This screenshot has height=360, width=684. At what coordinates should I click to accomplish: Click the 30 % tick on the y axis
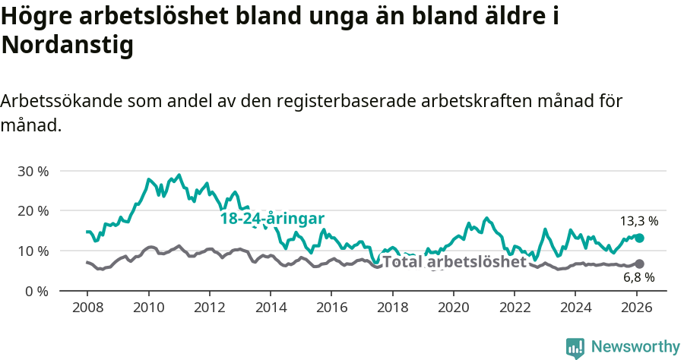tap(33, 171)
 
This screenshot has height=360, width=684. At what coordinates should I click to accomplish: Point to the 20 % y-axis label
tap(33, 210)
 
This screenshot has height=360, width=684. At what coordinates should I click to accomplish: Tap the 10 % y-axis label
tap(33, 251)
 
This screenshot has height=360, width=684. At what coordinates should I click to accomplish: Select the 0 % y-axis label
tap(36, 291)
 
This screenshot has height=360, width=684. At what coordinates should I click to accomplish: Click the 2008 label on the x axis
tap(87, 308)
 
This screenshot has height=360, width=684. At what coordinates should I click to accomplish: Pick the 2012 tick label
tap(209, 308)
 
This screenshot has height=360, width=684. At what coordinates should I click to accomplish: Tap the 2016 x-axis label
tap(331, 308)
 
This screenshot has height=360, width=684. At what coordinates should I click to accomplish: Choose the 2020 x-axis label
tap(453, 308)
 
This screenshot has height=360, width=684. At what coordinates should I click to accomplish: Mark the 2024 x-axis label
tap(575, 308)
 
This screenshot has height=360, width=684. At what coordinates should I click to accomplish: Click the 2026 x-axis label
tap(636, 308)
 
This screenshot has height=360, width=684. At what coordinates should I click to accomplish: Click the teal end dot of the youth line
tap(639, 238)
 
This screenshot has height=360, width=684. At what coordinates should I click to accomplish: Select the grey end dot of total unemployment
tap(639, 264)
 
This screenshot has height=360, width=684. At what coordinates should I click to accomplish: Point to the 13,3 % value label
tap(639, 221)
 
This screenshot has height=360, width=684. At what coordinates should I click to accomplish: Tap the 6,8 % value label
tap(639, 278)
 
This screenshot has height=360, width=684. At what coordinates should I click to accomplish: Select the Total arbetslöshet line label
tap(454, 262)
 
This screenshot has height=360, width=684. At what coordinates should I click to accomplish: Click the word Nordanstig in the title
tap(68, 46)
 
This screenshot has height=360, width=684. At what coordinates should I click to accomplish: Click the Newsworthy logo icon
tap(575, 347)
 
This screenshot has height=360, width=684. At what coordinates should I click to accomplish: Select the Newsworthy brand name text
tap(635, 347)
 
